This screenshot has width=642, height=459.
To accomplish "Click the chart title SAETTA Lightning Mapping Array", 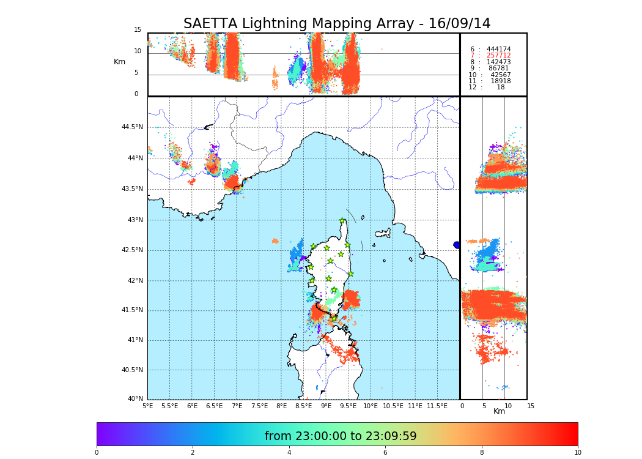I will point(337,24).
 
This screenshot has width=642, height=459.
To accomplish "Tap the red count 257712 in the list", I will point(498,56).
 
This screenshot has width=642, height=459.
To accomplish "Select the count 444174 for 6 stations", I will point(498,49).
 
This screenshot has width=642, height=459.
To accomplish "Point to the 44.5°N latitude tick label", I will point(132,127).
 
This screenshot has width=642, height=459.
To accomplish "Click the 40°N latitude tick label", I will point(136,399).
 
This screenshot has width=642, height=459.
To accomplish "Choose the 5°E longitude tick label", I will point(147,406).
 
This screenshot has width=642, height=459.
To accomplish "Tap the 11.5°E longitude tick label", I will point(437,406).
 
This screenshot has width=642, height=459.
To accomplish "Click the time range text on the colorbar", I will point(341,436).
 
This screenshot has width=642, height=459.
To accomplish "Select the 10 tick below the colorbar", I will point(577,452).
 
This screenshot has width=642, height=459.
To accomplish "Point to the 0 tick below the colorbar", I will point(97,452).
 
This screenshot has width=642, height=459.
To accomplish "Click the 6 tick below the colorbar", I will point(385,452).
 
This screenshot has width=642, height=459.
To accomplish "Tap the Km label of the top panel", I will point(119,62).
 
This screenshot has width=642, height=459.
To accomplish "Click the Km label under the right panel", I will point(499,411).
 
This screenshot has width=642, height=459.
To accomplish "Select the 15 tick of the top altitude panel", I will point(138,29).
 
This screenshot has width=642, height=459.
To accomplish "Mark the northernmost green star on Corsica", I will point(342,221).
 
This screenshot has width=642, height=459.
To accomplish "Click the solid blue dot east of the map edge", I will point(457,245).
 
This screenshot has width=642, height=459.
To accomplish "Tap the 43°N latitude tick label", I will point(136,220).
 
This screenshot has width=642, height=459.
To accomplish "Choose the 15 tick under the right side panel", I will point(531,406).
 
